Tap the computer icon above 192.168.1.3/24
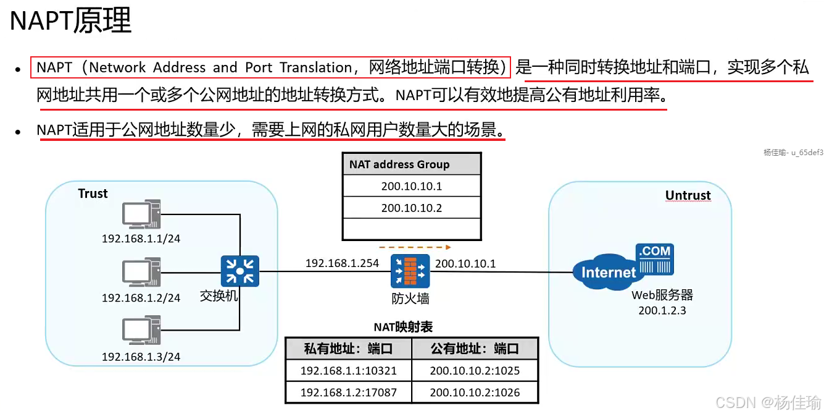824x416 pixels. click(141, 332)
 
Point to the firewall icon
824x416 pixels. click(410, 271)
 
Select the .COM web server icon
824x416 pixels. click(655, 259)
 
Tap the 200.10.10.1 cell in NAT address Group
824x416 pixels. click(412, 186)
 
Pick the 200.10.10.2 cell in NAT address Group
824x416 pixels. click(412, 208)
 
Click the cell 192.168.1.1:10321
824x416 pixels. click(349, 371)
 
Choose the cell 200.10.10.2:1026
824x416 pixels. click(475, 392)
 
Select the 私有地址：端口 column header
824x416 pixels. click(349, 349)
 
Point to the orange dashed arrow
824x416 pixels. click(410, 247)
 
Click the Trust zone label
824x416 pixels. click(93, 193)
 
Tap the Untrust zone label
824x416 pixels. click(688, 195)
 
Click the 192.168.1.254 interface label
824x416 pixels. click(342, 263)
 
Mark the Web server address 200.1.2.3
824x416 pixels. click(662, 310)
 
